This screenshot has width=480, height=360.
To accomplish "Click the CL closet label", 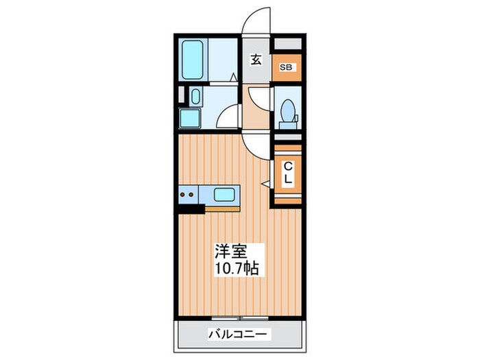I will [x=288, y=172].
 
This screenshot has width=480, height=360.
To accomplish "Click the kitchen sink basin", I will [x=224, y=195].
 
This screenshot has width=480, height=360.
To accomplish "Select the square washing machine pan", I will [x=191, y=119].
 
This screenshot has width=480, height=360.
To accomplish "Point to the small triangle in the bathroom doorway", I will [x=233, y=77].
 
